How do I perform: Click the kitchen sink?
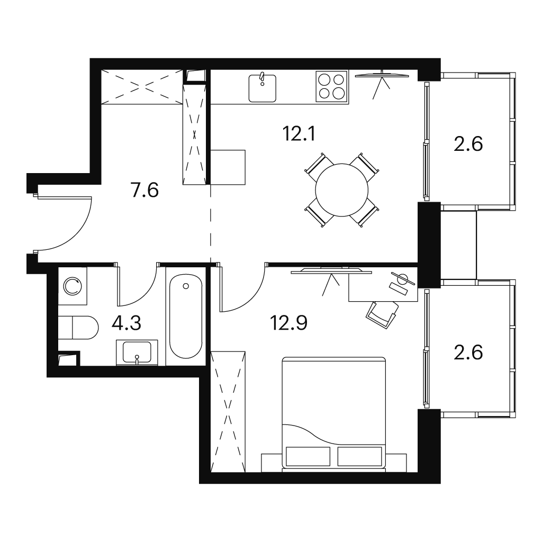coord(263,88)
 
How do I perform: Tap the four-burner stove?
coord(331,86)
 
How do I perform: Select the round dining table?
coord(341,190)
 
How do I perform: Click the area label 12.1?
coord(299,134)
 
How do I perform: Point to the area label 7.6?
coord(145,190)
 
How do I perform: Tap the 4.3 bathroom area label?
coord(127,323)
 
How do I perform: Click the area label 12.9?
coord(288,323)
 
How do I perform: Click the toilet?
coord(78,327)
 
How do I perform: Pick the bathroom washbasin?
coord(137,352)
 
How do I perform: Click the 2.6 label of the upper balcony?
coord(468,144)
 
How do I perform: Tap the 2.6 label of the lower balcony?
coord(468,353)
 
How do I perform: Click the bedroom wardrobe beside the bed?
coord(228,412)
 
